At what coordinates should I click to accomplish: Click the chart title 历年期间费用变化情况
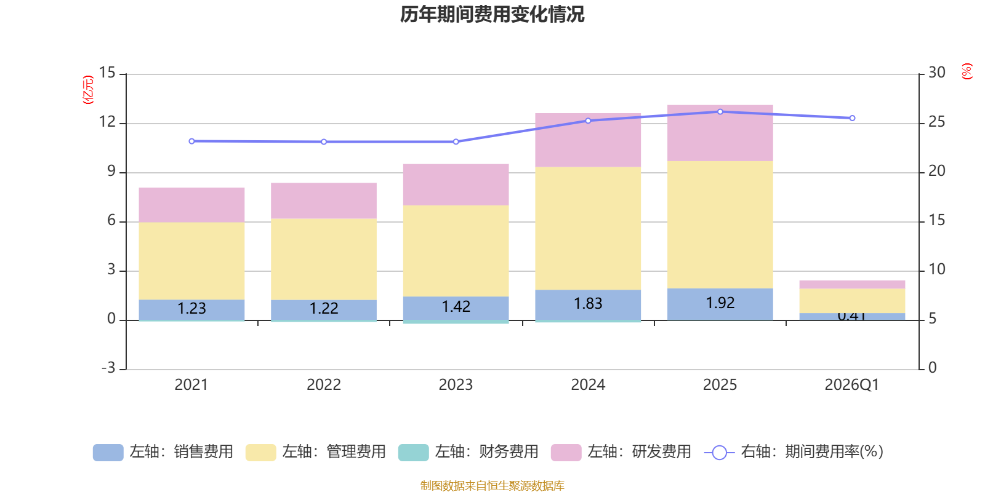(492, 14)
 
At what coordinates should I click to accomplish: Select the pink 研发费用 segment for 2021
(191, 205)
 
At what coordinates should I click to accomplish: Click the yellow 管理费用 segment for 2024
(588, 228)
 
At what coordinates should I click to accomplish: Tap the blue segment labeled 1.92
(720, 304)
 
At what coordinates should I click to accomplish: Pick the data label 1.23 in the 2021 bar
(191, 308)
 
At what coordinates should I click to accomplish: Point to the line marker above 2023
(456, 141)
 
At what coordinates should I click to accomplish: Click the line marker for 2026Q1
(852, 118)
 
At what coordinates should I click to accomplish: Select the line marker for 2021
(191, 141)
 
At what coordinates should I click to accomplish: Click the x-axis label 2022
(324, 385)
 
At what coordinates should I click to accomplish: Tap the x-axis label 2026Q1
(852, 385)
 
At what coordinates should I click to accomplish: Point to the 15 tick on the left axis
(107, 73)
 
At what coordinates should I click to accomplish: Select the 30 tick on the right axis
(937, 73)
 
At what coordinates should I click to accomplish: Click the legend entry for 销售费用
(163, 452)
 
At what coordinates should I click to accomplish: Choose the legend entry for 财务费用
(468, 452)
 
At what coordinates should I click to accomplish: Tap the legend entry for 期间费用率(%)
(794, 452)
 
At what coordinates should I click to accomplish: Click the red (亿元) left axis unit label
(88, 90)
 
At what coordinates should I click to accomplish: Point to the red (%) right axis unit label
(967, 71)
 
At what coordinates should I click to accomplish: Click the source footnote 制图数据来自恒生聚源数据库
(492, 486)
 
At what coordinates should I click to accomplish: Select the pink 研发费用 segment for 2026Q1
(852, 284)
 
